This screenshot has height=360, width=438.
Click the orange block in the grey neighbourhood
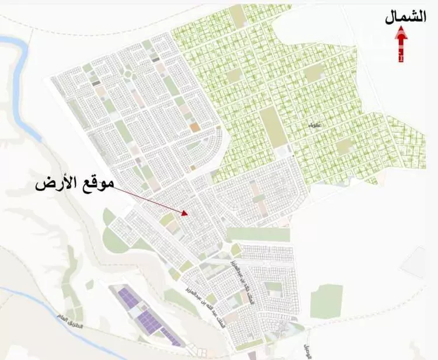(x=194, y=126)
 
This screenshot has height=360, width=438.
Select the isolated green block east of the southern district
(x=325, y=300)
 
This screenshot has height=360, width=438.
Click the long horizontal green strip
(x=258, y=235)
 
